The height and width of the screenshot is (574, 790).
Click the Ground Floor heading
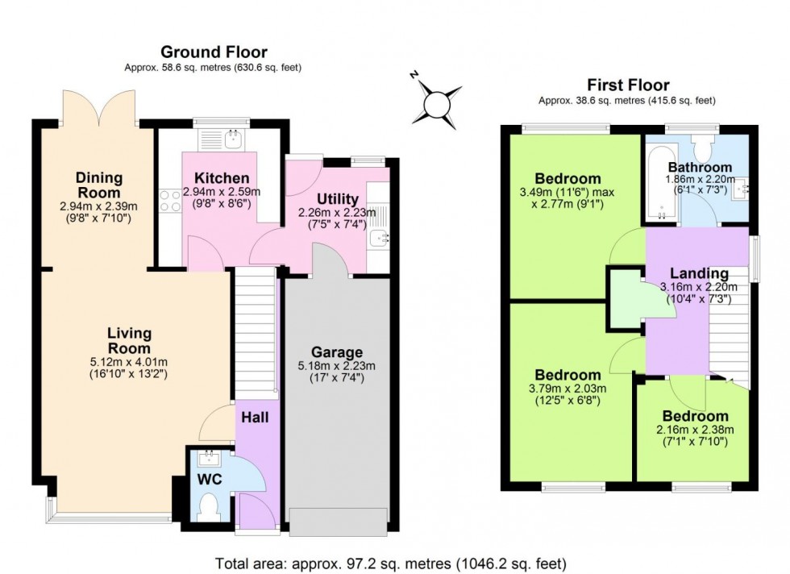click(x=214, y=52)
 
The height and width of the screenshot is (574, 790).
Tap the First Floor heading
click(x=628, y=85)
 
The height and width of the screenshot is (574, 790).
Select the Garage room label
click(x=338, y=351)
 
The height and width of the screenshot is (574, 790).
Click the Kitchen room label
click(x=222, y=178)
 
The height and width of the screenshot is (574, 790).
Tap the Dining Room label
click(x=99, y=185)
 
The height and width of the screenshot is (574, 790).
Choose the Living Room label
click(x=129, y=340)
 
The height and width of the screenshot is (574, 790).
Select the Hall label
click(x=256, y=418)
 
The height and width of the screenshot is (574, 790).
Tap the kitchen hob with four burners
click(x=172, y=200)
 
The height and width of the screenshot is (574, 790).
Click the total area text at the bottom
click(x=390, y=562)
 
